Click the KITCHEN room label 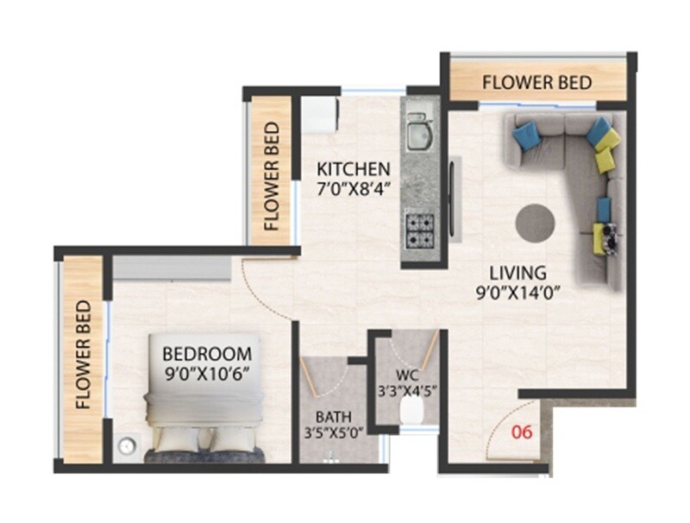point(353,168)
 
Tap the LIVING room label point(510,272)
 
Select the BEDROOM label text point(207,354)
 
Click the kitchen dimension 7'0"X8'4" point(353,188)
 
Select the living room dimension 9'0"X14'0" point(511,292)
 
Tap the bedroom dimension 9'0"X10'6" point(207,375)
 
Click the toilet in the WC point(412,416)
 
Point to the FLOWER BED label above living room point(536,83)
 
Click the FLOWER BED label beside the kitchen point(272,176)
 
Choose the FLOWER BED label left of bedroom point(83,355)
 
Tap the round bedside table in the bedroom point(127,446)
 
